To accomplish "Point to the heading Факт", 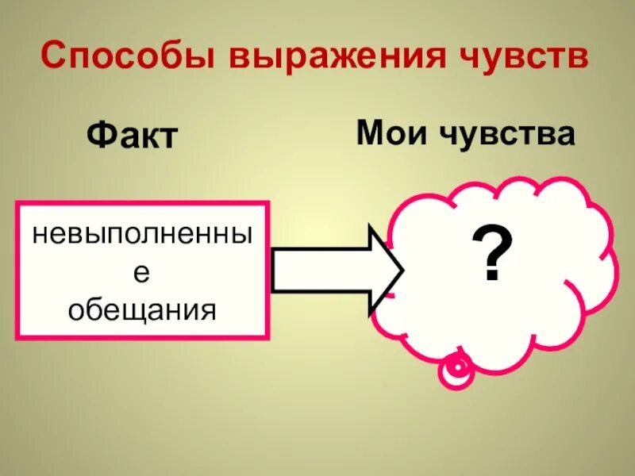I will (131, 136).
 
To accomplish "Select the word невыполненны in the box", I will (143, 235).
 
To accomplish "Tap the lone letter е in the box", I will (143, 271).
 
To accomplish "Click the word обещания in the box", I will (143, 309).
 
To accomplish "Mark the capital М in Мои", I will (369, 132).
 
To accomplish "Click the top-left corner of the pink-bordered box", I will (18, 203).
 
